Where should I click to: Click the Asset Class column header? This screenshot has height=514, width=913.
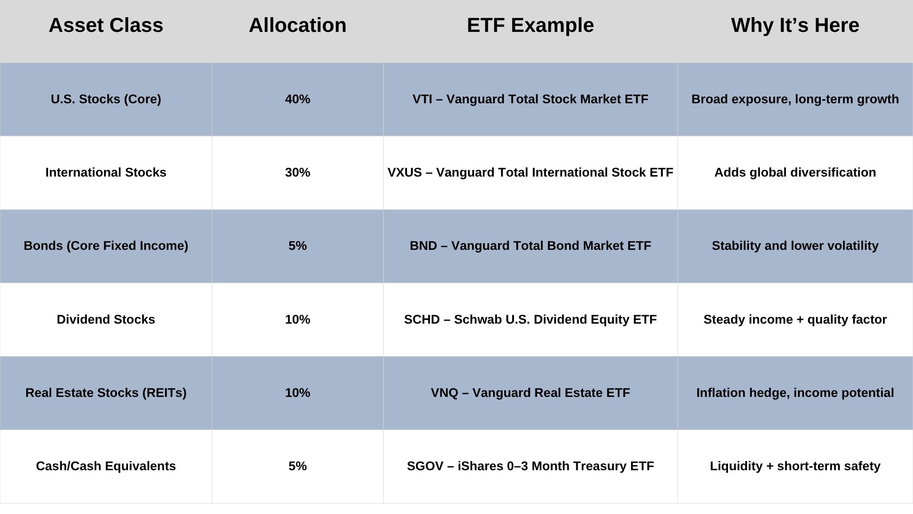pos(106,25)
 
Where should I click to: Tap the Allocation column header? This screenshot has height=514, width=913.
pos(298,25)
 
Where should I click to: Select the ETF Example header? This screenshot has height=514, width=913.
pos(530,25)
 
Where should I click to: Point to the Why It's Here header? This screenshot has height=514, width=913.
pos(795,25)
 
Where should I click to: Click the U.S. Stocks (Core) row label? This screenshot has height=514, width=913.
pos(106,99)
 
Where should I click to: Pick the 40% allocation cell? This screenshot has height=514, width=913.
pos(298,99)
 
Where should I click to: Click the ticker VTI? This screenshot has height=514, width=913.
pos(422,99)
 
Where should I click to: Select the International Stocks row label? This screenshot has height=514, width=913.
pos(106,172)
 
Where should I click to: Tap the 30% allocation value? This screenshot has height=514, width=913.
pos(298,172)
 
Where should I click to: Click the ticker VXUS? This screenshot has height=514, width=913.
pos(405,172)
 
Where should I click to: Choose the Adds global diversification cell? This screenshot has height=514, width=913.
pos(795,172)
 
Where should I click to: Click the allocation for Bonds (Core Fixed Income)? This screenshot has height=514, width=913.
pos(298,246)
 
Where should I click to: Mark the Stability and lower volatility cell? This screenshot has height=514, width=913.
pos(795,246)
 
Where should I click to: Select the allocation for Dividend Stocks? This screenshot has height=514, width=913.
pos(298,319)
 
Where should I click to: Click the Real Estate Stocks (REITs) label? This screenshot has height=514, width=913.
pos(106,393)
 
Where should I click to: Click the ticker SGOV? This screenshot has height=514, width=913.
pos(425,466)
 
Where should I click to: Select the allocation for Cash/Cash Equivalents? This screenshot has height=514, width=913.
pos(298,466)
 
